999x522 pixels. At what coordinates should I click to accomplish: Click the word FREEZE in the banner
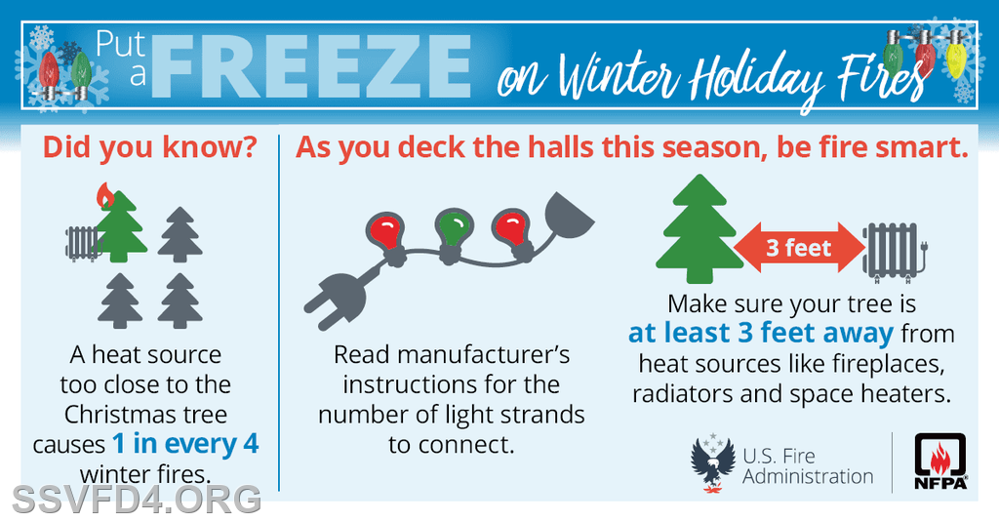311,67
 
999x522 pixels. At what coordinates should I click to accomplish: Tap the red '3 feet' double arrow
799,247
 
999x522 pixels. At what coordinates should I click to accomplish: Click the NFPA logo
941,462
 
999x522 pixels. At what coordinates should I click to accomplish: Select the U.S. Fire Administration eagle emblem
713,462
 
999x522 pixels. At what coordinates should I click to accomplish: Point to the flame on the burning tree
105,195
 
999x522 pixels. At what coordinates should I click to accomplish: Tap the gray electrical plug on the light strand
337,300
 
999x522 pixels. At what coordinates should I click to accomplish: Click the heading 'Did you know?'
150,147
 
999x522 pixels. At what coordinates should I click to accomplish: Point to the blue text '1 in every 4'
185,444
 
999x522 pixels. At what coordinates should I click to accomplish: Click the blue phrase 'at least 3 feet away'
761,334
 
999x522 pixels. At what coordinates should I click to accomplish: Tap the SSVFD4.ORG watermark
137,499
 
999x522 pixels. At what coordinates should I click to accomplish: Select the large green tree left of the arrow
699,229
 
